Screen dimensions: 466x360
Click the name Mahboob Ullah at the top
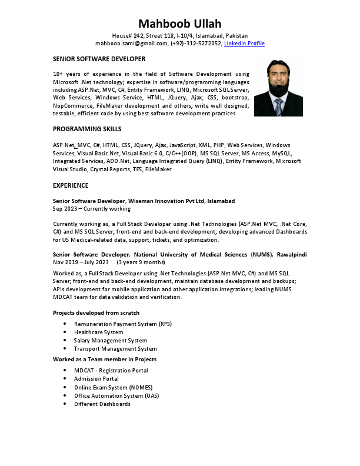pyautogui.click(x=180, y=24)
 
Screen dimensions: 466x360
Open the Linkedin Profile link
pyautogui.click(x=244, y=44)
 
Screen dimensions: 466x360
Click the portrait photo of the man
pyautogui.click(x=278, y=87)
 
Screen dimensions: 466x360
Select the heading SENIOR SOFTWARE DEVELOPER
pyautogui.click(x=99, y=59)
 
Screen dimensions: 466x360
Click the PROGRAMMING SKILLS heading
pyautogui.click(x=87, y=129)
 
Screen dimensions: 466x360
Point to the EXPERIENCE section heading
pyautogui.click(x=71, y=185)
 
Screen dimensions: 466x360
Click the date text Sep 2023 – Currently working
pyautogui.click(x=92, y=209)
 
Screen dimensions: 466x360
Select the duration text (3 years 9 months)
pyautogui.click(x=141, y=262)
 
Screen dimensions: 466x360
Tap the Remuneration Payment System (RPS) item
pyautogui.click(x=122, y=324)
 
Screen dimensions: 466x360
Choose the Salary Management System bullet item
pyautogui.click(x=110, y=341)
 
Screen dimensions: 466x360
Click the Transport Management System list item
pyautogui.click(x=115, y=349)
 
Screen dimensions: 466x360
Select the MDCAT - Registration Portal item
pyautogui.click(x=111, y=371)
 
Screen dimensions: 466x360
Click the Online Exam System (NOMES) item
pyautogui.click(x=113, y=387)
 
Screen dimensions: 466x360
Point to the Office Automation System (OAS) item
pyautogui.click(x=116, y=395)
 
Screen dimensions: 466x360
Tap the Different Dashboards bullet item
pyautogui.click(x=102, y=404)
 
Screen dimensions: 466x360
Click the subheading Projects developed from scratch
pyautogui.click(x=96, y=312)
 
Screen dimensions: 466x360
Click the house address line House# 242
pyautogui.click(x=180, y=36)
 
